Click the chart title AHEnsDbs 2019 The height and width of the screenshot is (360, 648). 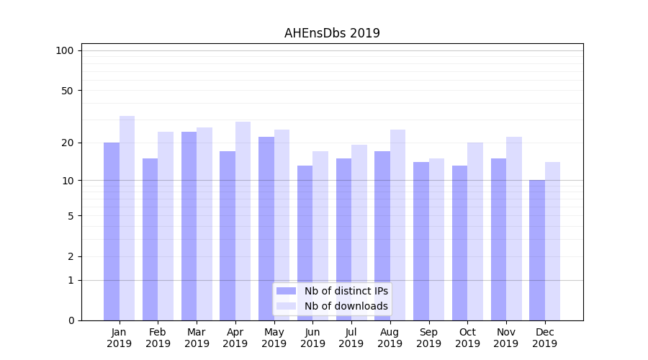(x=332, y=33)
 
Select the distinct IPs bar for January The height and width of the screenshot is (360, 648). (x=112, y=230)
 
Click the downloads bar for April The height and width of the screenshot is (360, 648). (x=243, y=220)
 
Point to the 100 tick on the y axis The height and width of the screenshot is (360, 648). (x=65, y=50)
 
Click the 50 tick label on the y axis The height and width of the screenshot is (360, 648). (x=67, y=91)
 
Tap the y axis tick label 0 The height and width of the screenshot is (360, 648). (x=71, y=320)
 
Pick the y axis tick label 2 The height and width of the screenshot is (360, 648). (x=71, y=256)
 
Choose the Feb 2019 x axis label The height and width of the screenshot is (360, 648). (x=158, y=338)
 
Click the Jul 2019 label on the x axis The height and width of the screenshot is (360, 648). (x=351, y=338)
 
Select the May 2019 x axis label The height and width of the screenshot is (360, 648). (x=274, y=338)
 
